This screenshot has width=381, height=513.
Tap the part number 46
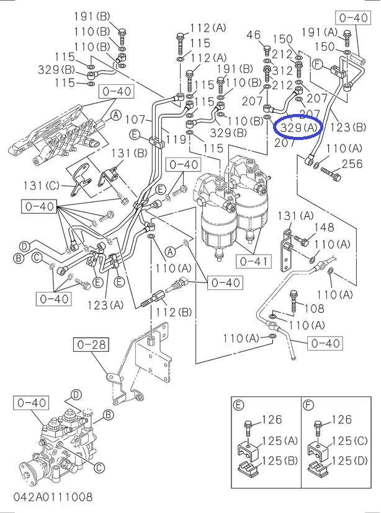coord(254,36)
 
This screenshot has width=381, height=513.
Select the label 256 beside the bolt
coord(352,164)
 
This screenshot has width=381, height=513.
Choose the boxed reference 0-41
coord(253,261)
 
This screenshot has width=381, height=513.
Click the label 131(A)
coord(295,216)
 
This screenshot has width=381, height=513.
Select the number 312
coord(282,71)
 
